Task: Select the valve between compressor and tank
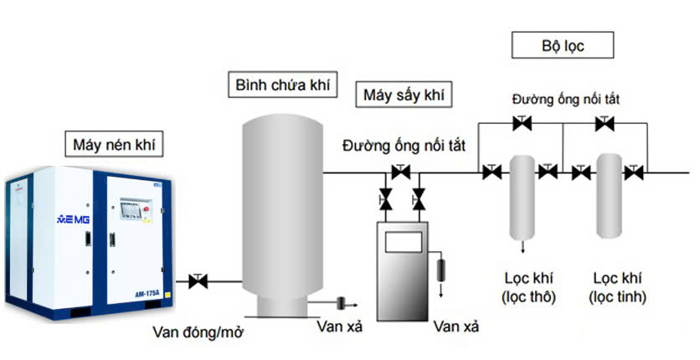click(x=198, y=281)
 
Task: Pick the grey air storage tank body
click(x=282, y=209)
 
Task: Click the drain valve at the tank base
click(x=342, y=302)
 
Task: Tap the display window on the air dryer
click(x=403, y=241)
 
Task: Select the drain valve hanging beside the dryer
click(x=443, y=271)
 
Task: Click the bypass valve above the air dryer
click(x=400, y=172)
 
